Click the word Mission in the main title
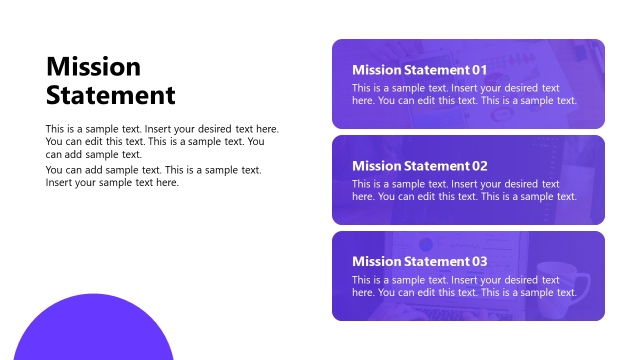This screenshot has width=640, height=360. [93, 66]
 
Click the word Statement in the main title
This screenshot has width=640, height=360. [110, 95]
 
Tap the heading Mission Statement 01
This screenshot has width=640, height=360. [419, 69]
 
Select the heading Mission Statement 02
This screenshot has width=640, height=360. [419, 165]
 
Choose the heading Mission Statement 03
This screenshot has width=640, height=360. [419, 261]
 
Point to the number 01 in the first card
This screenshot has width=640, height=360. [479, 69]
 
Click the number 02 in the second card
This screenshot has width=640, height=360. [479, 165]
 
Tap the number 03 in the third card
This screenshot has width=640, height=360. [479, 261]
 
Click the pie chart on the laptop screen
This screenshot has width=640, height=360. [425, 244]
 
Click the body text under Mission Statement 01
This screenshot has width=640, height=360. [464, 94]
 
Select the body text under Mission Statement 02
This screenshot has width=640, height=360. [464, 190]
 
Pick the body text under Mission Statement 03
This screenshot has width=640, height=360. [464, 286]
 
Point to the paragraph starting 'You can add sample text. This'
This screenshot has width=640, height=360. [153, 170]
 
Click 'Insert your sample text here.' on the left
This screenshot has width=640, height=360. [112, 182]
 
